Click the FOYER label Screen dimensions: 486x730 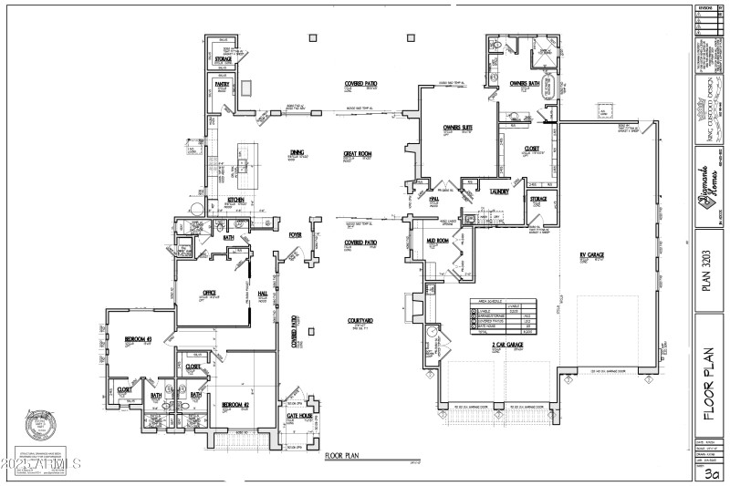point(295,235)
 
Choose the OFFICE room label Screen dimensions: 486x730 point(208,293)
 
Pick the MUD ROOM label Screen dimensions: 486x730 point(438,241)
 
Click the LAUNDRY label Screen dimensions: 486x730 point(498,191)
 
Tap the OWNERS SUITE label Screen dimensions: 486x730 point(457,127)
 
